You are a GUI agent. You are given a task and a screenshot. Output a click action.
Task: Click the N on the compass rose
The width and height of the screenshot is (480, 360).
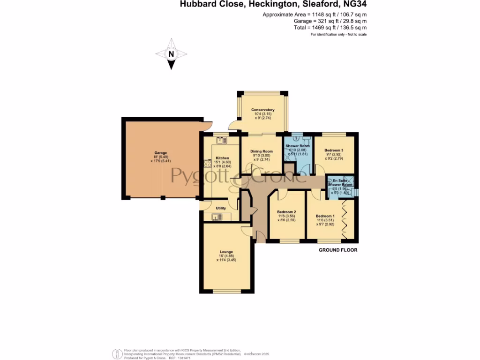click(x=172, y=54)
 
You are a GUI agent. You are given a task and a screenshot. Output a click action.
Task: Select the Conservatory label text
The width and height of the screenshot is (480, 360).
click(x=262, y=110)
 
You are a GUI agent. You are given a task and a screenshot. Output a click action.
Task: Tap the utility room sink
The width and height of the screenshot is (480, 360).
click(x=217, y=217)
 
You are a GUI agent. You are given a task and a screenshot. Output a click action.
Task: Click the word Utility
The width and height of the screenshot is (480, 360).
click(x=221, y=208)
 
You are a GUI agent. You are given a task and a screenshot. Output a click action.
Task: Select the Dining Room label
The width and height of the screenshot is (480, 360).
click(x=262, y=151)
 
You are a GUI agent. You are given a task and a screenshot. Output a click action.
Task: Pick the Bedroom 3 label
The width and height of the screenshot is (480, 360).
click(x=334, y=150)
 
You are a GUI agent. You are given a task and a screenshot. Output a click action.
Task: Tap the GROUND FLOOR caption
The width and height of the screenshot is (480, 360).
click(x=338, y=250)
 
